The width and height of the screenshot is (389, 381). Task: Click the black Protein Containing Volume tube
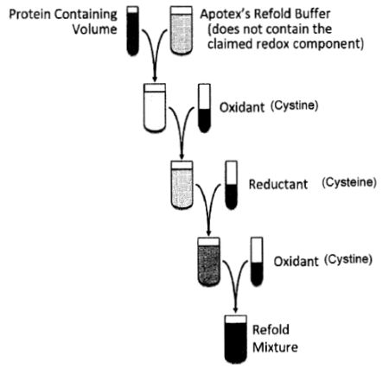click(132, 31)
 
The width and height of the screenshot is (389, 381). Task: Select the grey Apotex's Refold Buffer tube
click(181, 30)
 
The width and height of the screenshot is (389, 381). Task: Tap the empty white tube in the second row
click(155, 108)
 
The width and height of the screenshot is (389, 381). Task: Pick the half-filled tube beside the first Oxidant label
click(204, 108)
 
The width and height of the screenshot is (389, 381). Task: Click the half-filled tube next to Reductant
click(231, 185)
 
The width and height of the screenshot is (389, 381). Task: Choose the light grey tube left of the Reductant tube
click(182, 185)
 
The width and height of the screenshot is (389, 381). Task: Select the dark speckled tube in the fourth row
click(208, 262)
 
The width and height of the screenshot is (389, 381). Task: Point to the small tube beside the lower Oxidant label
click(257, 262)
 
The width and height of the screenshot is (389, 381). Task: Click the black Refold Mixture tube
click(236, 340)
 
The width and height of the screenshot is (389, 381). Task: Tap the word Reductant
click(278, 184)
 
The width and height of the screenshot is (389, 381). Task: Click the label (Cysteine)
click(349, 182)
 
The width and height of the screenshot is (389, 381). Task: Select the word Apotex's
click(225, 14)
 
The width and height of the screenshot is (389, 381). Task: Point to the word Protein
click(30, 14)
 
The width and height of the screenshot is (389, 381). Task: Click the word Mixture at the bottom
click(275, 347)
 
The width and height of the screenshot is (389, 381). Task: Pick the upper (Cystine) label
click(294, 105)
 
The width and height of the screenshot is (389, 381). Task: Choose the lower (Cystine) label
click(348, 260)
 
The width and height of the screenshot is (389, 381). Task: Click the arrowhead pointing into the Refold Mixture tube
click(236, 309)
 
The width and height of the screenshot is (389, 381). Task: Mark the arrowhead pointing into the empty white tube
click(155, 78)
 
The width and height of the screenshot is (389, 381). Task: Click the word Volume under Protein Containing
click(94, 29)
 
